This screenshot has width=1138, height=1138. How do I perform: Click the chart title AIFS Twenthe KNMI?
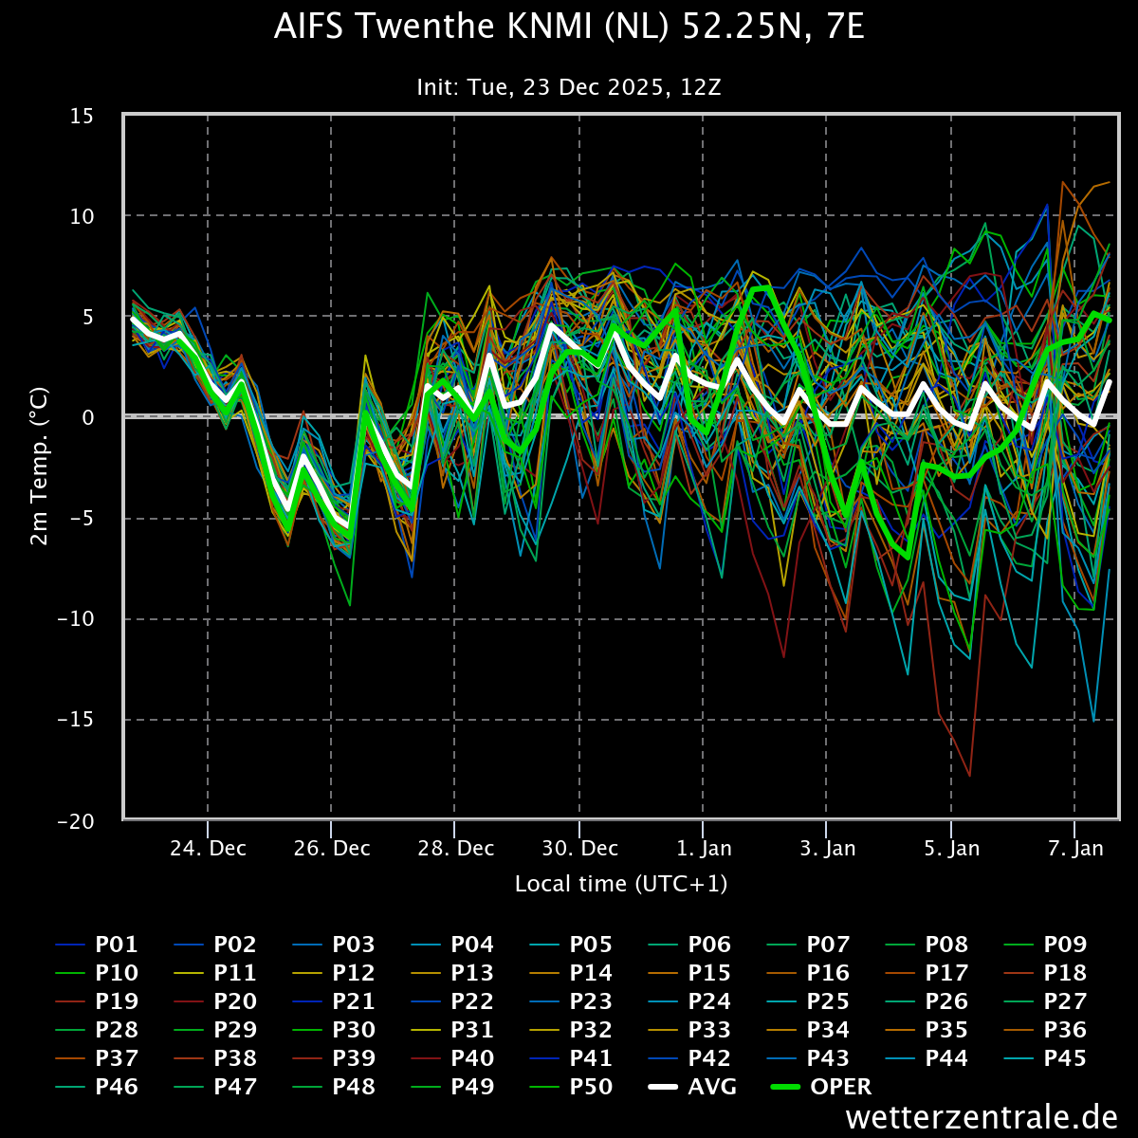tap(569, 28)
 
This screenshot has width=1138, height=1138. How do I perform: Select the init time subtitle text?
tap(569, 87)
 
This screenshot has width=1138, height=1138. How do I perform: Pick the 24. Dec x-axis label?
tap(208, 848)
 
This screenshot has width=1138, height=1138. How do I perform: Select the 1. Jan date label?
tap(703, 848)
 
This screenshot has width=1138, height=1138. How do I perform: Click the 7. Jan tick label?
tap(1074, 848)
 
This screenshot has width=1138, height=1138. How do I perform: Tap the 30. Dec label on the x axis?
tap(579, 848)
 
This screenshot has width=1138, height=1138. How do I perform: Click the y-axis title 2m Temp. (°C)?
tap(39, 465)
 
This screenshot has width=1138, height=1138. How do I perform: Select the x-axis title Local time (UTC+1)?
tap(621, 884)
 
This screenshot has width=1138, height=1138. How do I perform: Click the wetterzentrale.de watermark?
tap(982, 1117)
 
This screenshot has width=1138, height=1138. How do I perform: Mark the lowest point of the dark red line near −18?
tap(969, 776)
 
